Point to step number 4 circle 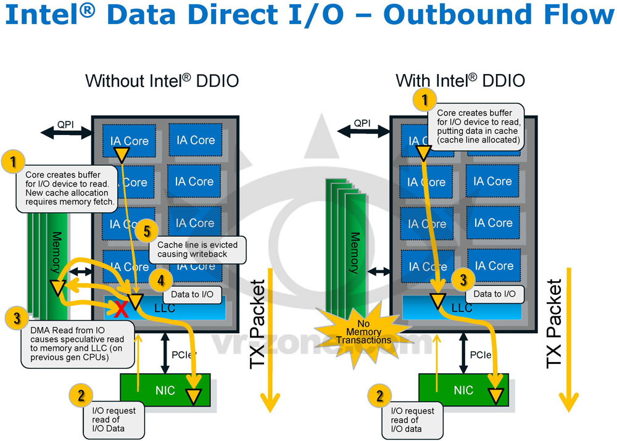point(160,281)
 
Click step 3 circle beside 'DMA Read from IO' point(17,318)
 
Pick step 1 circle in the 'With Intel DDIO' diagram point(424,99)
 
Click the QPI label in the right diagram point(363,123)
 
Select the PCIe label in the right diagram point(481,355)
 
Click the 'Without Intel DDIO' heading point(162,81)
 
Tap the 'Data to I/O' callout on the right point(495,294)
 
